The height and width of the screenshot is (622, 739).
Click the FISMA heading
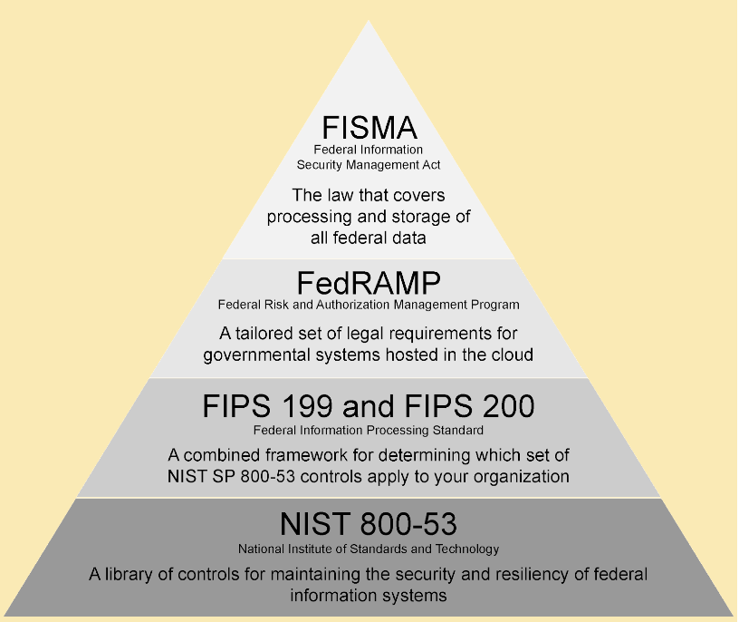pos(368,127)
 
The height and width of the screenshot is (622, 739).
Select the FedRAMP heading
pos(368,282)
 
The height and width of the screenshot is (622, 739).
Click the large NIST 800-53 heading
pos(368,525)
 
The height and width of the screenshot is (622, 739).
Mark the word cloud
pos(508,355)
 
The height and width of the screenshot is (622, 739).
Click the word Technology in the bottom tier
pos(468,549)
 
